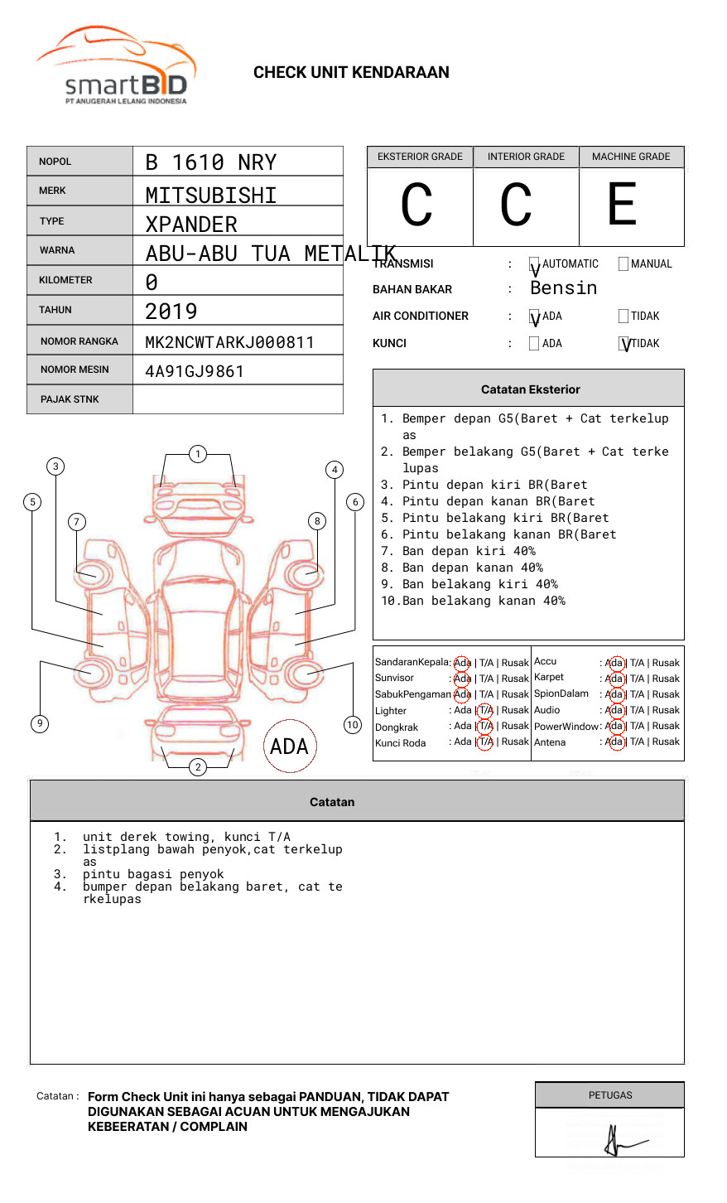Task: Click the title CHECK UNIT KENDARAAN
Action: click(351, 73)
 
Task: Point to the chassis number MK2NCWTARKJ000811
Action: click(229, 342)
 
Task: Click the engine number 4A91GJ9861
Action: click(195, 371)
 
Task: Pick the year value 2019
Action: click(171, 312)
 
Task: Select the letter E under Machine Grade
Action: click(623, 205)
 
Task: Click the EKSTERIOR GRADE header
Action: click(420, 157)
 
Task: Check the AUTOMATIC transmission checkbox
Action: click(534, 264)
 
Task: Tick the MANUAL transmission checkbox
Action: click(623, 264)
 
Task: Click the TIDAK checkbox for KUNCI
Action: click(623, 343)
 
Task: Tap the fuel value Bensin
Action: click(563, 288)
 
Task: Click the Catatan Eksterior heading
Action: click(530, 389)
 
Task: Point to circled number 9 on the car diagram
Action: click(40, 723)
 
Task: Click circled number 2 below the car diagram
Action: click(198, 766)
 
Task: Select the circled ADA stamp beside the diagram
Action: click(289, 746)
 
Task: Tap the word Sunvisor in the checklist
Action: click(394, 678)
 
